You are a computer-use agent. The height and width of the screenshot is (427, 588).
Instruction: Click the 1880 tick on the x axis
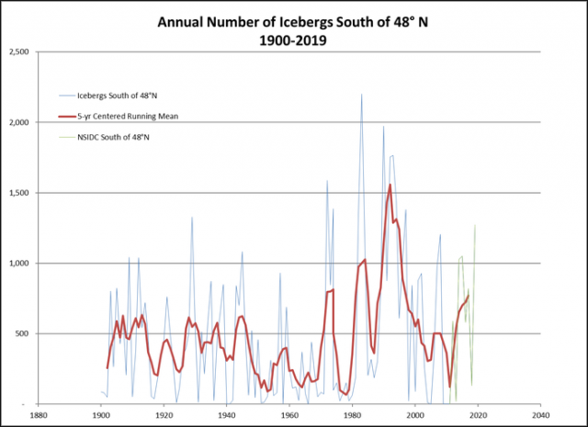[x=39, y=414]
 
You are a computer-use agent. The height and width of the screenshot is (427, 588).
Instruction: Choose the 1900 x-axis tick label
[x=101, y=414]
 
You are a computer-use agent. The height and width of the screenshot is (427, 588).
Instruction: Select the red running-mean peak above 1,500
[x=390, y=185]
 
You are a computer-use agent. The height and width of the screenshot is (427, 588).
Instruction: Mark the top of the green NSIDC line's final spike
[x=475, y=225]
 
